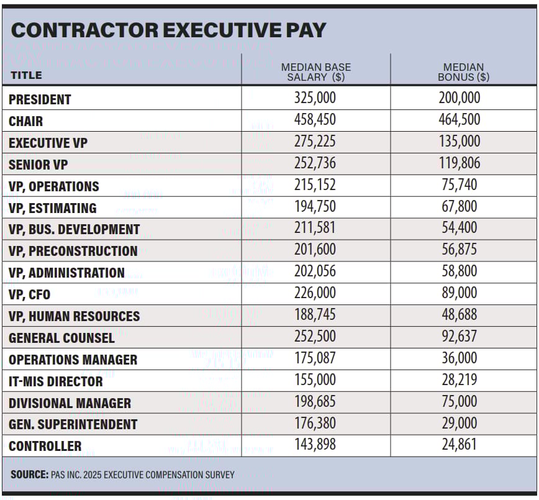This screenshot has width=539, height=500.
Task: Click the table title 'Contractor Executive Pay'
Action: [x=168, y=30]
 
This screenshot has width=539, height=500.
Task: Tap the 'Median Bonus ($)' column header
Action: [x=463, y=72]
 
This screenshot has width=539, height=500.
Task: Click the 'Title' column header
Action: [x=26, y=75]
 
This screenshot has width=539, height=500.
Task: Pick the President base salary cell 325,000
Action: [x=315, y=98]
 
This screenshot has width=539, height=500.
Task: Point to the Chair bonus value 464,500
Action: [x=460, y=120]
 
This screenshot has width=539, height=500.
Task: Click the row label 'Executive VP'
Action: [x=48, y=143]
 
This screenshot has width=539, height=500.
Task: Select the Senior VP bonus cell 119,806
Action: [x=460, y=163]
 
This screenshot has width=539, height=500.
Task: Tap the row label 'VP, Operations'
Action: [x=53, y=186]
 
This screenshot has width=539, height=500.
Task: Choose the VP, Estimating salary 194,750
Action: [x=315, y=207]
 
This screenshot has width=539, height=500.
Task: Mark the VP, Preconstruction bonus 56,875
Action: [x=460, y=250]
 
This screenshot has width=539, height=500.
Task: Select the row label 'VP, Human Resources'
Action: [x=74, y=316]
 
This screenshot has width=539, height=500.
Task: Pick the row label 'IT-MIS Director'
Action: [x=55, y=381]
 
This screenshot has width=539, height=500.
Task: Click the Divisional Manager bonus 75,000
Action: [x=460, y=402]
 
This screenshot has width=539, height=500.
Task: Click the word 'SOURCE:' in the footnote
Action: [x=29, y=475]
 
